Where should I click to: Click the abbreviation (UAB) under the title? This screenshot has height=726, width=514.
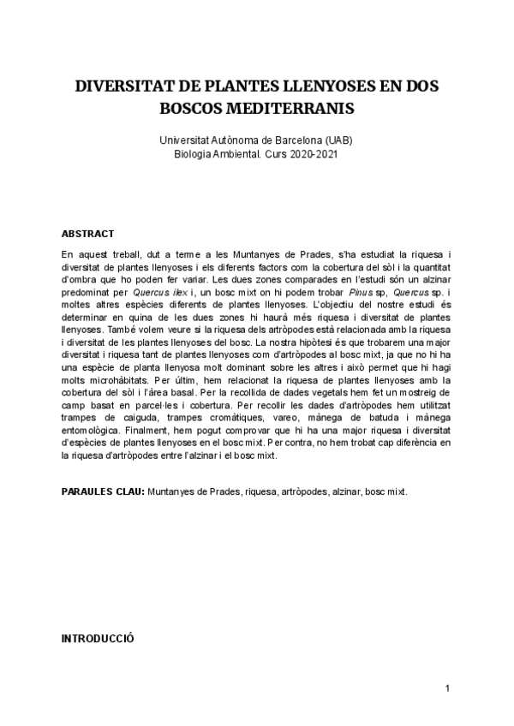339,140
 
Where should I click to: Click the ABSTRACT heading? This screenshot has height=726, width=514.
88,234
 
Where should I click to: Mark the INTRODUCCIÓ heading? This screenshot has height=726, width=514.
98,639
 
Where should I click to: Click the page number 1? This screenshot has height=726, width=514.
447,688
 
